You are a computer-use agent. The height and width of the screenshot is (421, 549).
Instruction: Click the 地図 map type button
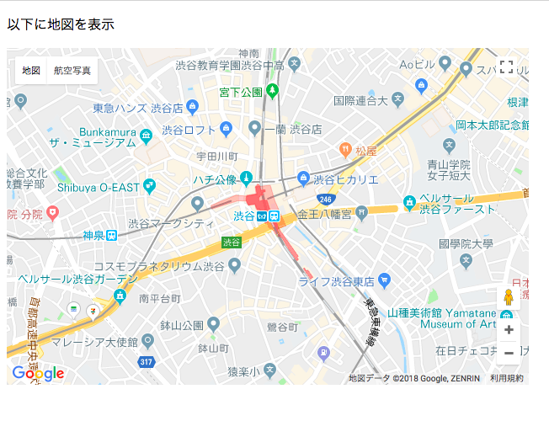(31, 71)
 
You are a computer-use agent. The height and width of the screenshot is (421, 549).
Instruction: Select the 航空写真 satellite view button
(72, 71)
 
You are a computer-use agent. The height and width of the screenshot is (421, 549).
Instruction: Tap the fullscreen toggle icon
(506, 67)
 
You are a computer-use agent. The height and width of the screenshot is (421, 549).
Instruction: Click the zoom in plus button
(508, 330)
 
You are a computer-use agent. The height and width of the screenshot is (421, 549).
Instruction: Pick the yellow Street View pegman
(508, 298)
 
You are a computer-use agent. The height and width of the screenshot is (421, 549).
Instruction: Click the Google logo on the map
(38, 373)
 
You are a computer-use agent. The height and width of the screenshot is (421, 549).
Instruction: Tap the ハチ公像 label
(215, 179)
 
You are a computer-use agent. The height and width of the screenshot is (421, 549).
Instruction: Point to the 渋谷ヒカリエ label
(345, 179)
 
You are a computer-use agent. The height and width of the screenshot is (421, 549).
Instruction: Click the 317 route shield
(146, 362)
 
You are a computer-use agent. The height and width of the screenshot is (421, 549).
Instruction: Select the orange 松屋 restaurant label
(365, 151)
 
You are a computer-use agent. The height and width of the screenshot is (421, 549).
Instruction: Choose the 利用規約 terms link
(507, 379)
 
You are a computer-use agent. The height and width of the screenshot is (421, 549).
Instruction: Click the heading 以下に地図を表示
(60, 24)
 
